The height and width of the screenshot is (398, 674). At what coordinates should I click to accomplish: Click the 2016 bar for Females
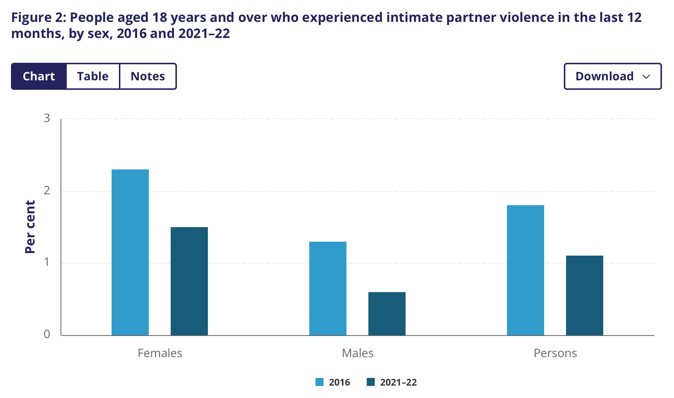click(x=130, y=252)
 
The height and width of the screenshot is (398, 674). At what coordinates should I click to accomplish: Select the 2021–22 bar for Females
click(x=189, y=281)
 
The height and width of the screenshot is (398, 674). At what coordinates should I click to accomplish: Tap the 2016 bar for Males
click(x=328, y=288)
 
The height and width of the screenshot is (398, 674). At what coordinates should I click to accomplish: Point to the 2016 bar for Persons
click(x=526, y=270)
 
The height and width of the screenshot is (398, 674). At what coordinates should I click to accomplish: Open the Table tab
click(x=93, y=76)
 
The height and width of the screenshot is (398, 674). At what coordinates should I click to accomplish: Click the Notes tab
click(x=148, y=76)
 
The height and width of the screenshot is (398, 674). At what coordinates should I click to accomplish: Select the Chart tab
click(x=39, y=76)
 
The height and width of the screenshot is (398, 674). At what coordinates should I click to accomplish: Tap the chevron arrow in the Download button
click(x=646, y=77)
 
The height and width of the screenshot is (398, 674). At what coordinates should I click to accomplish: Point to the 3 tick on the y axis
click(x=47, y=118)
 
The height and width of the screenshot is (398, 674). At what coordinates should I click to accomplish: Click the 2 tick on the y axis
click(x=47, y=190)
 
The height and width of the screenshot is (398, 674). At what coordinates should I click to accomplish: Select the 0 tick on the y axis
click(x=47, y=334)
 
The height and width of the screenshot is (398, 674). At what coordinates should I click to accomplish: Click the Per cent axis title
click(x=30, y=227)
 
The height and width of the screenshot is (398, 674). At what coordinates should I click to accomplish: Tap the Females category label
click(x=160, y=353)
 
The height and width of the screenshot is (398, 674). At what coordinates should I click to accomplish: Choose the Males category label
click(x=357, y=353)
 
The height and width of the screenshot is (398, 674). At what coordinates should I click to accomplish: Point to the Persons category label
click(x=555, y=353)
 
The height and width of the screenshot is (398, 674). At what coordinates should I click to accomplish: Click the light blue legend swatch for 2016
click(x=319, y=382)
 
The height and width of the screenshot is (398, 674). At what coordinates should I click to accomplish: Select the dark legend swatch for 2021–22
click(x=371, y=382)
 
